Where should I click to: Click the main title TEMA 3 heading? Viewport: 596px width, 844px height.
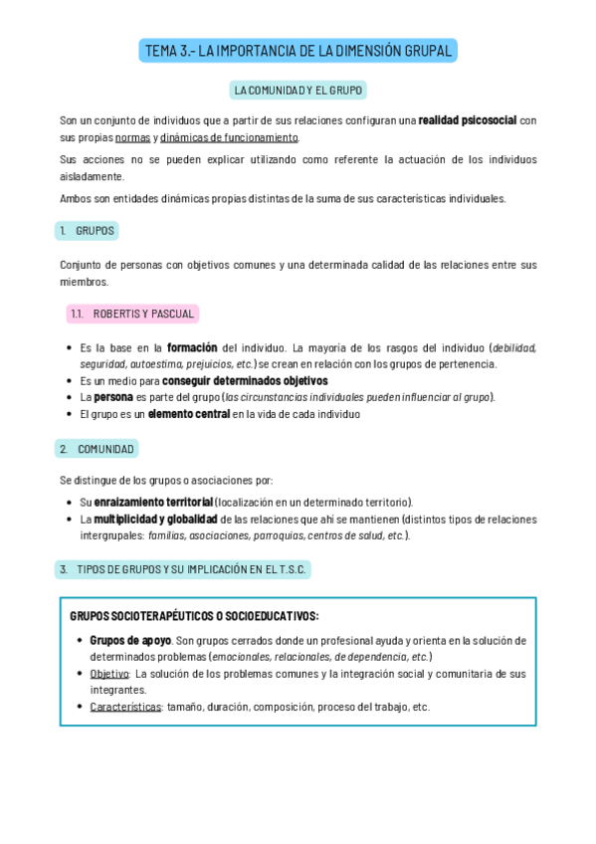[298, 51]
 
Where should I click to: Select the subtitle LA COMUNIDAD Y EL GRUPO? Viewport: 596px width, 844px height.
[298, 91]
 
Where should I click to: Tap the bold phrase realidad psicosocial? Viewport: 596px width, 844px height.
[467, 120]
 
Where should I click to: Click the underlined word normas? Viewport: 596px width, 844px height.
[133, 137]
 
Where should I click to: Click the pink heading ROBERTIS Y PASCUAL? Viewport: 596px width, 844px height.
[132, 315]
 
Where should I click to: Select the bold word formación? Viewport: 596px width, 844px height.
[192, 347]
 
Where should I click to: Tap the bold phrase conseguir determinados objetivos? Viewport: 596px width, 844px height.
[245, 380]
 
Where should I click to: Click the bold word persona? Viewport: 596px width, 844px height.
[113, 397]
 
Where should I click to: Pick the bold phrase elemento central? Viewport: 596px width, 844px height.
[189, 414]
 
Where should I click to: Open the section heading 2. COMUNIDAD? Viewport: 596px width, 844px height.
[97, 449]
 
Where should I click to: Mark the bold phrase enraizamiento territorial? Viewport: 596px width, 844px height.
[153, 502]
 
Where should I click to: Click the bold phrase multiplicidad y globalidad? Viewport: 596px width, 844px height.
[156, 519]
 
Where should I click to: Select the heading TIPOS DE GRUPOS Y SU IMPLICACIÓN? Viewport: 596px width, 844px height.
[183, 569]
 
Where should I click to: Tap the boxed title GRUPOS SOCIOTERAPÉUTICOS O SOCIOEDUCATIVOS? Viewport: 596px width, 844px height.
[194, 616]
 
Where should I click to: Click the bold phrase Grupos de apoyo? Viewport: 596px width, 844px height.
[130, 640]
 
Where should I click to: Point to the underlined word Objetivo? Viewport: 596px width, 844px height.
[109, 674]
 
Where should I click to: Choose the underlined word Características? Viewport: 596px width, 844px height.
[125, 707]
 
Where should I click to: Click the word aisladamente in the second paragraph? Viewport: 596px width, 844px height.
[92, 176]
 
